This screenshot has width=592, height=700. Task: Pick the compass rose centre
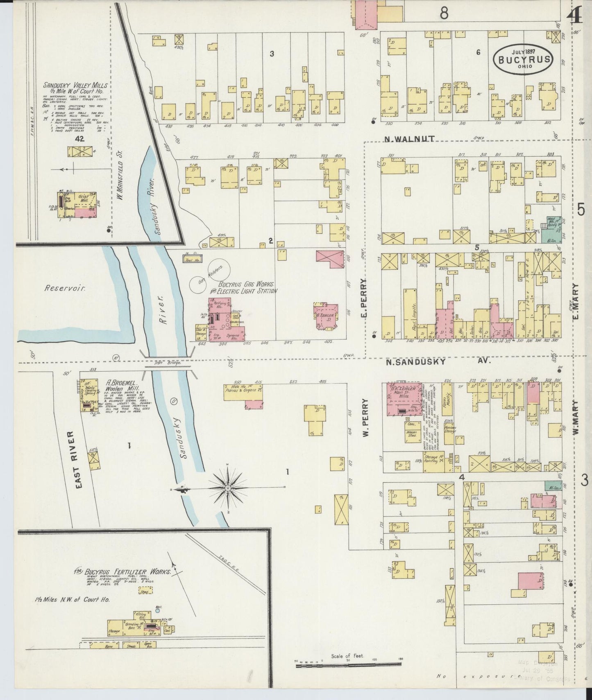[228, 488]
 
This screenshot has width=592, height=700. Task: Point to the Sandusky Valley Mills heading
[76, 85]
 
